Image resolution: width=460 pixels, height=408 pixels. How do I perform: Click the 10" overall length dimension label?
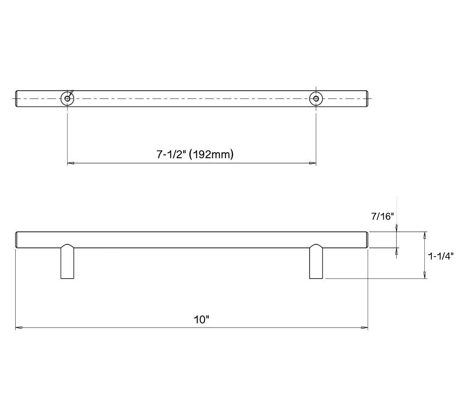[201, 319]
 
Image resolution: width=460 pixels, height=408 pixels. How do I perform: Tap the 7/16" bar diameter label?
[382, 216]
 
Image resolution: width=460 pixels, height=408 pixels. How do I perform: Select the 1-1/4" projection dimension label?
[441, 255]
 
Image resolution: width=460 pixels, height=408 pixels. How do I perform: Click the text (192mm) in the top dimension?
[211, 155]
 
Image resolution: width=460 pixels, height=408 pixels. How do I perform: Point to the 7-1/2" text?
[171, 155]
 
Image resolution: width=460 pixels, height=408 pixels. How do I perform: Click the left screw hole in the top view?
[68, 99]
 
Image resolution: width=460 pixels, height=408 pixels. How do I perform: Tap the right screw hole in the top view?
[316, 99]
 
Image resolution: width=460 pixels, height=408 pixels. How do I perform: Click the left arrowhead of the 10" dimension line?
[19, 328]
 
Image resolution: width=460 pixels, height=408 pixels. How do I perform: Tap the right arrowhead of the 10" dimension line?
[365, 328]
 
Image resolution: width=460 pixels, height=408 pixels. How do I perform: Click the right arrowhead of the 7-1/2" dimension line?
[313, 163]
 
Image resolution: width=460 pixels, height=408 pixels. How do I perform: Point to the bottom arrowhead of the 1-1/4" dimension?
[425, 276]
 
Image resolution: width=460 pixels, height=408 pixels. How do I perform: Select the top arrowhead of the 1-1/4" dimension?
[425, 235]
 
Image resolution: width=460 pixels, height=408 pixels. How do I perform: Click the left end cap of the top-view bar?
[17, 99]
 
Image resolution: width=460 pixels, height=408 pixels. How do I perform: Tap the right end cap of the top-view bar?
[367, 99]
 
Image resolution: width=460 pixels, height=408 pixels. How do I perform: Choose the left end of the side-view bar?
[17, 240]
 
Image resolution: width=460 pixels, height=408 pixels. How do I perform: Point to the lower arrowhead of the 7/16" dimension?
[397, 251]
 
